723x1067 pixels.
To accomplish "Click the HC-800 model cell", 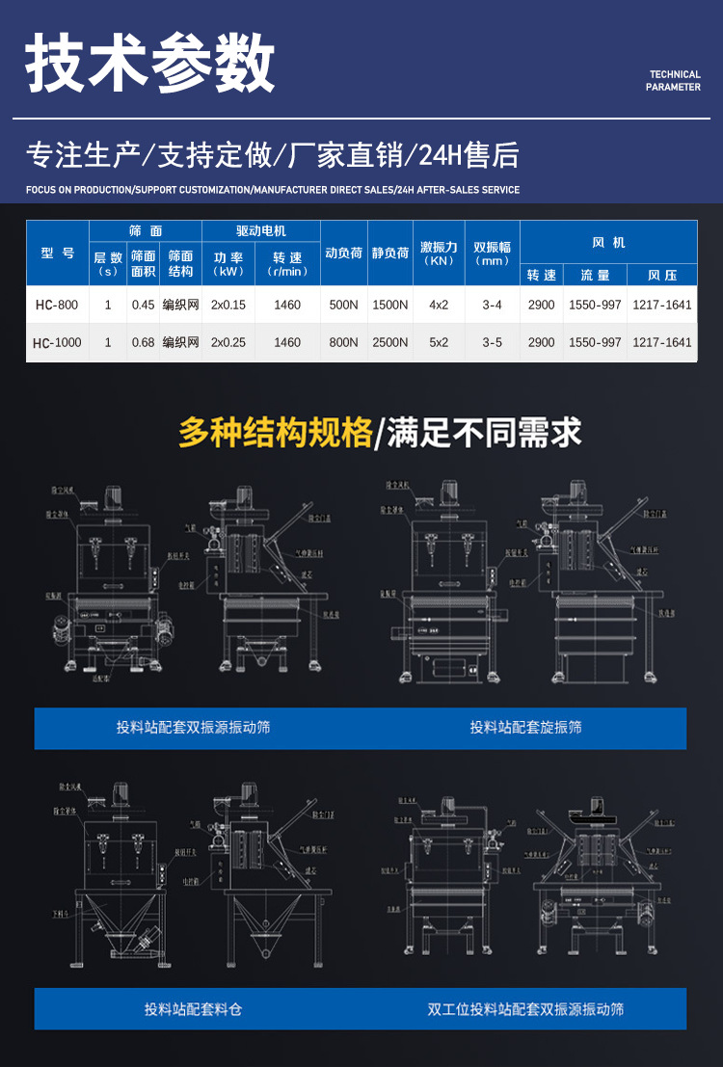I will point(57,306).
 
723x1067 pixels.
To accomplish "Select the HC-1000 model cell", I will point(57,343).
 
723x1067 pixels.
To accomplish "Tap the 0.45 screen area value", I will point(144,306).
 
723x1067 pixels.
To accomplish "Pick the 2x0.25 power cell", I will point(228,343).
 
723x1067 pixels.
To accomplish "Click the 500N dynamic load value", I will point(343,306).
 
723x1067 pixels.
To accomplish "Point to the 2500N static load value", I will point(390,343).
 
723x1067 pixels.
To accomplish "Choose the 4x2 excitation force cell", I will point(439,306).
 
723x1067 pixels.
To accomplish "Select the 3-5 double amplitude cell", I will point(493,343).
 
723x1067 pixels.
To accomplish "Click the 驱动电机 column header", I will point(261,231).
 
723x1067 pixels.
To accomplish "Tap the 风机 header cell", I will point(608,243).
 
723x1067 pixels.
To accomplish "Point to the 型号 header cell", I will point(58,253).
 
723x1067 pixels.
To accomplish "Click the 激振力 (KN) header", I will point(439,253).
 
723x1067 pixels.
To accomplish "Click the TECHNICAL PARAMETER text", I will point(674,81).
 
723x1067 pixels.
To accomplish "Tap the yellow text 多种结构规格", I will point(276,433).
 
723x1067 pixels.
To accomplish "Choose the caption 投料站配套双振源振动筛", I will point(193,728).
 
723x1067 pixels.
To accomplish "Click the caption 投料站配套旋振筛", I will point(526,728).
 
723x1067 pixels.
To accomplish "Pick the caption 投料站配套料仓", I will point(193,1009).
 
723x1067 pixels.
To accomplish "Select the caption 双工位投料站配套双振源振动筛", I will point(526,1009).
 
